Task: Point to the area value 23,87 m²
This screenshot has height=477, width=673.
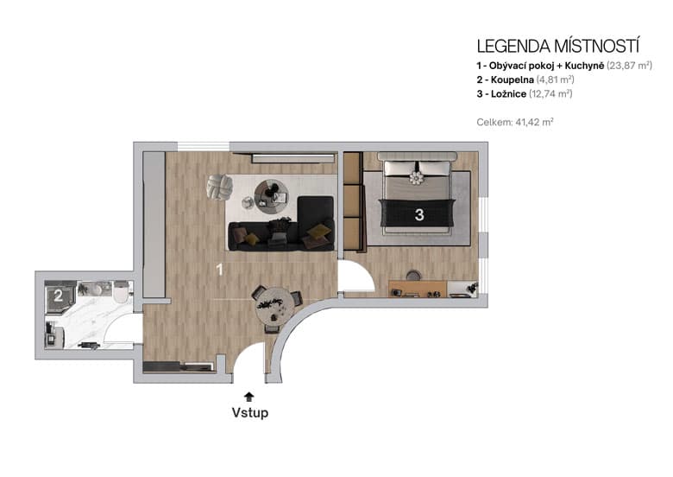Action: pyautogui.click(x=629, y=66)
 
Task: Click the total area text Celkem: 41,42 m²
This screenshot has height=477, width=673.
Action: pyautogui.click(x=514, y=123)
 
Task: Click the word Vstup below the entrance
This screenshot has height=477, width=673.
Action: pyautogui.click(x=249, y=412)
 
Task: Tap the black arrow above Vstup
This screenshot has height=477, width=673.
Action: pyautogui.click(x=249, y=396)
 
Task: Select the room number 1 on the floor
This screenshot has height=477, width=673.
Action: pyautogui.click(x=219, y=270)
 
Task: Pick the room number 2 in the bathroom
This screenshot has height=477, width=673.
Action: pyautogui.click(x=58, y=296)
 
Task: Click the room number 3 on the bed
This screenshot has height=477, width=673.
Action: pyautogui.click(x=418, y=216)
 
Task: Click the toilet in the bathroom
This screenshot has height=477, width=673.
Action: pyautogui.click(x=120, y=290)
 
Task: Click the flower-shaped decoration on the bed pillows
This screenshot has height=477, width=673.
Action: pyautogui.click(x=418, y=178)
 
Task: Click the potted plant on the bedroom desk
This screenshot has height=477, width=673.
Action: pyautogui.click(x=470, y=287)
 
